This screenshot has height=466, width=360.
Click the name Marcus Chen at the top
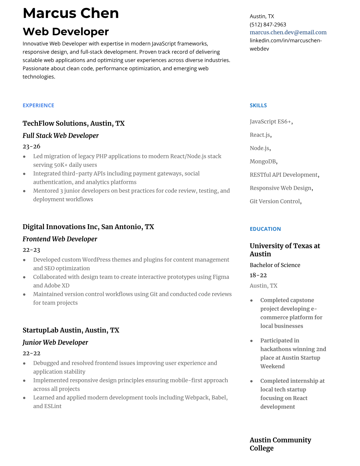[71, 14]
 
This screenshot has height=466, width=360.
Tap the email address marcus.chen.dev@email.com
[288, 32]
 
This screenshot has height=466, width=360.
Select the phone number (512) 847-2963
[268, 24]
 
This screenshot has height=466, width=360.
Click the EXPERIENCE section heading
[38, 105]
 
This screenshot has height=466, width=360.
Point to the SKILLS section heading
[258, 105]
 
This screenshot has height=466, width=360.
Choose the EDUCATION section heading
[265, 229]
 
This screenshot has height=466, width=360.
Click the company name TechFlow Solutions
[55, 123]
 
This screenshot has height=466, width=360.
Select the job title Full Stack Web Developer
[61, 136]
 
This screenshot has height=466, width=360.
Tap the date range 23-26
[31, 146]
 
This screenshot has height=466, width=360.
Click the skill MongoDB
[263, 162]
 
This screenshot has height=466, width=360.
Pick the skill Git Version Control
[275, 201]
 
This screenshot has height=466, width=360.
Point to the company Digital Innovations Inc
[60, 227]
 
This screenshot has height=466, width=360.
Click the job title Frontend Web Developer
[60, 239]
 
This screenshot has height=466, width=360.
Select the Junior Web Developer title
[55, 342]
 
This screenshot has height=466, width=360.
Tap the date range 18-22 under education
[258, 275]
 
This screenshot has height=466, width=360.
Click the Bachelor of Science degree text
[275, 265]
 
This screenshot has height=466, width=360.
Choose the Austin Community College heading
[280, 444]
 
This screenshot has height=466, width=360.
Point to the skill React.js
[260, 135]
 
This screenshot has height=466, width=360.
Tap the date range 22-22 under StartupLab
[31, 353]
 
